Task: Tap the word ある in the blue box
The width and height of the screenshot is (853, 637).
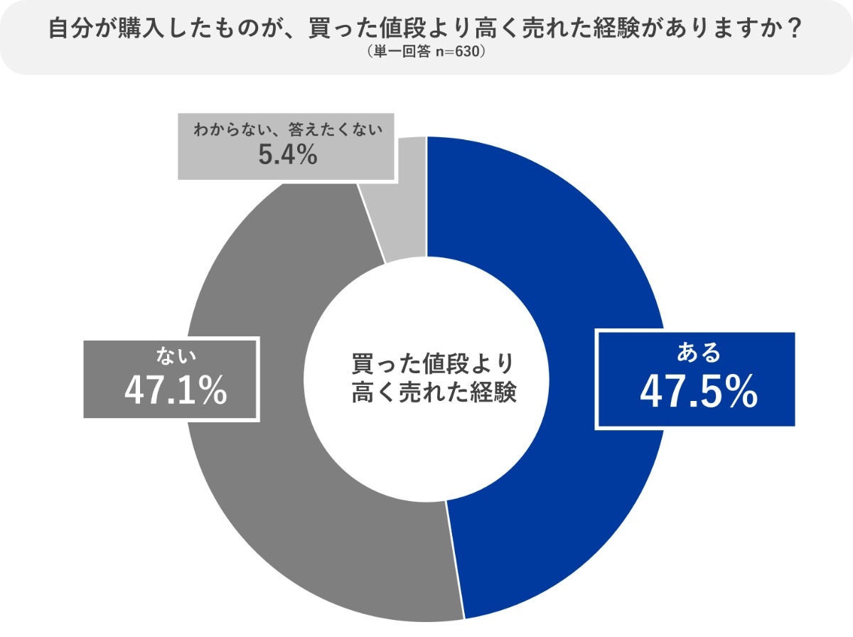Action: (x=698, y=352)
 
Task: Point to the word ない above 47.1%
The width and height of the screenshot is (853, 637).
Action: (x=170, y=353)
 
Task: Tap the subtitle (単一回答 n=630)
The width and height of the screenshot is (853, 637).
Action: (x=426, y=52)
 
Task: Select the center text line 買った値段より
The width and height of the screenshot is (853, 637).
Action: (x=433, y=363)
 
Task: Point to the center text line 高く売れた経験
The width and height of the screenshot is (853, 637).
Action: (x=433, y=392)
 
